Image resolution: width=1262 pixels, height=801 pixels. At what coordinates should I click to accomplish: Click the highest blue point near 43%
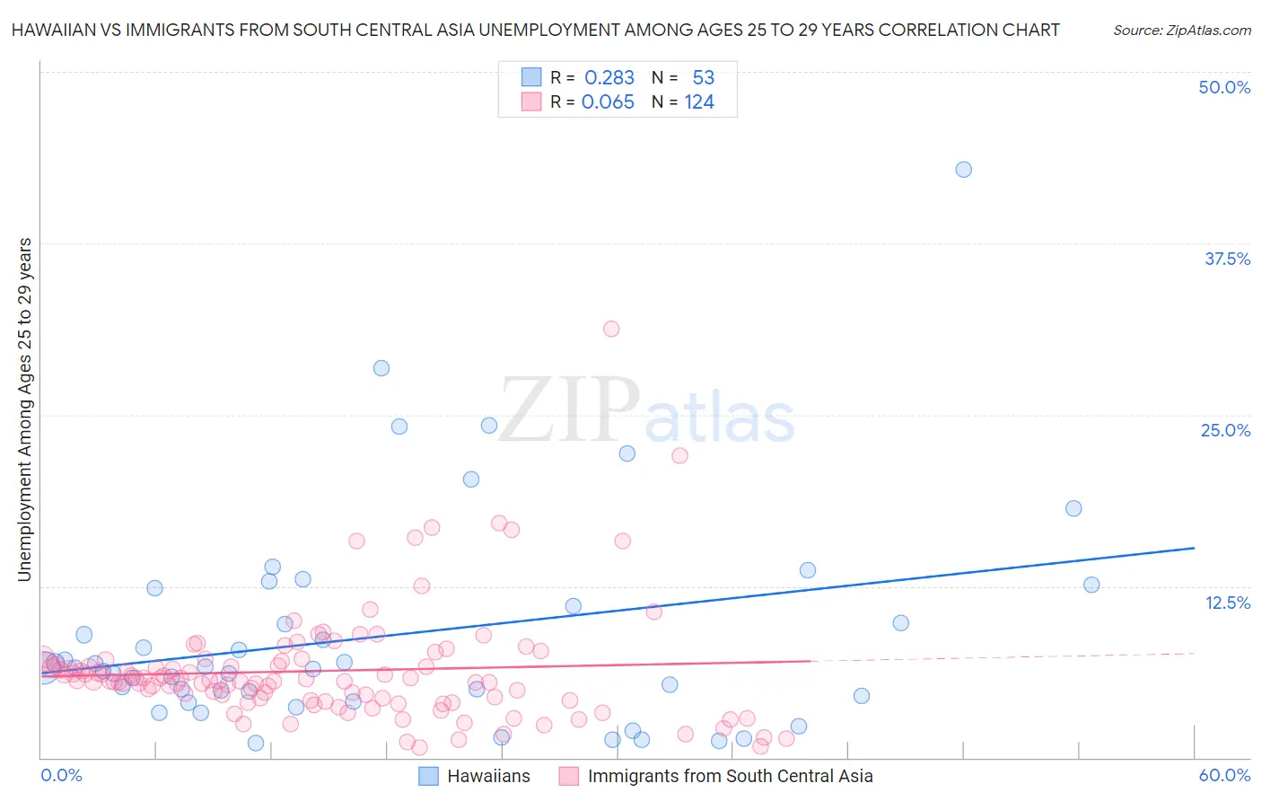point(963,170)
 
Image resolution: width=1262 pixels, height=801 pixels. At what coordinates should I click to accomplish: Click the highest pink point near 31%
point(611,329)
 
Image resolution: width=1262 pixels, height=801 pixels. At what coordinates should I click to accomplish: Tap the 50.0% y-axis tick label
point(1224,87)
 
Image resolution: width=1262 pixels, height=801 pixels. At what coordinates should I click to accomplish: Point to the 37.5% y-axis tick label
point(1227,259)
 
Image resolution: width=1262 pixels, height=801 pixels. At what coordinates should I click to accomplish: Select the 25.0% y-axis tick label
point(1225,430)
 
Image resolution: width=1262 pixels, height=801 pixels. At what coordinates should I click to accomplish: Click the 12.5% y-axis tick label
point(1227,603)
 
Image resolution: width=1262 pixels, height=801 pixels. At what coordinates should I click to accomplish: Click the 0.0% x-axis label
point(61,775)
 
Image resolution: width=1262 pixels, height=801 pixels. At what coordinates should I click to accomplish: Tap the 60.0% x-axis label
point(1224,775)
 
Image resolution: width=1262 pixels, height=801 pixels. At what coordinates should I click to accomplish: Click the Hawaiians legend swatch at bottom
point(429,776)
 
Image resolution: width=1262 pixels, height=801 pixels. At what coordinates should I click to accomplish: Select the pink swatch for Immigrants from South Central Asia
point(568,776)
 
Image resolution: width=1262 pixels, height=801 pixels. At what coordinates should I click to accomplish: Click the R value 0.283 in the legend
point(609,78)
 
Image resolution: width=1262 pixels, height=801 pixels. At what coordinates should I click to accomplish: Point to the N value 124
point(699,102)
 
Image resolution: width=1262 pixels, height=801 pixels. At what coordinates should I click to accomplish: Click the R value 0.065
point(608,102)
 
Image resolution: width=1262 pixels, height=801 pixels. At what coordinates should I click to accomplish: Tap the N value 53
point(703,78)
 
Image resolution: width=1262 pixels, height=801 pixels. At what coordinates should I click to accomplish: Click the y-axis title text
point(24,409)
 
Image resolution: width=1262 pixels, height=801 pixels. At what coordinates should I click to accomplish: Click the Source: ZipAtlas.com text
point(1181,31)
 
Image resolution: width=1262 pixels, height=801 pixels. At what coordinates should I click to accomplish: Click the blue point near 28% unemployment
point(381,368)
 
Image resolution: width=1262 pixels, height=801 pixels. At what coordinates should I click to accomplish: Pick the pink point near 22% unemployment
point(679,455)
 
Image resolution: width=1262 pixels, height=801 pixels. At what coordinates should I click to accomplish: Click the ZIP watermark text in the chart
point(568,411)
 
